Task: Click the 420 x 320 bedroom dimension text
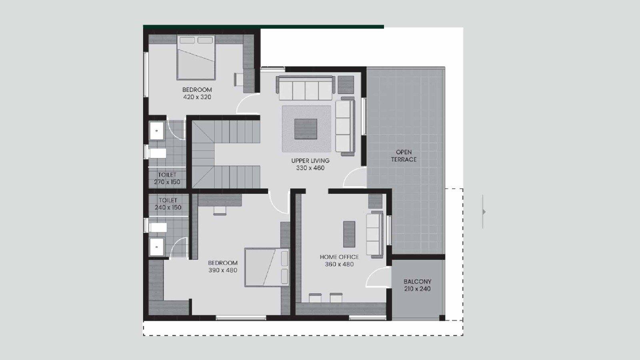pyautogui.click(x=197, y=97)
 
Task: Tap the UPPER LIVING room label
pyautogui.click(x=310, y=160)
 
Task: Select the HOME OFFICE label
pyautogui.click(x=339, y=257)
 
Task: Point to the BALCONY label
pyautogui.click(x=418, y=282)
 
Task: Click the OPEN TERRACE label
pyautogui.click(x=404, y=156)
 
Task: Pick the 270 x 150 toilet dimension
pyautogui.click(x=167, y=182)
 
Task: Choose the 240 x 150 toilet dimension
pyautogui.click(x=168, y=208)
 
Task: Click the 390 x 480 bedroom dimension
pyautogui.click(x=223, y=270)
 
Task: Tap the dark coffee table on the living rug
pyautogui.click(x=306, y=129)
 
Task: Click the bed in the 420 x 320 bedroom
pyautogui.click(x=196, y=57)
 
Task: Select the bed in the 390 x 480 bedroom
pyautogui.click(x=267, y=268)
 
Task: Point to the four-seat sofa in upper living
pyautogui.click(x=306, y=88)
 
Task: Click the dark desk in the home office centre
pyautogui.click(x=349, y=234)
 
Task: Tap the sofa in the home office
pyautogui.click(x=375, y=234)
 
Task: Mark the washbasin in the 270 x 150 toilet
pyautogui.click(x=156, y=131)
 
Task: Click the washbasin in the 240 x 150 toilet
pyautogui.click(x=157, y=247)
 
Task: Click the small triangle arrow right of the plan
pyautogui.click(x=484, y=212)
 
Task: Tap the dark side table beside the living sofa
pyautogui.click(x=346, y=85)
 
